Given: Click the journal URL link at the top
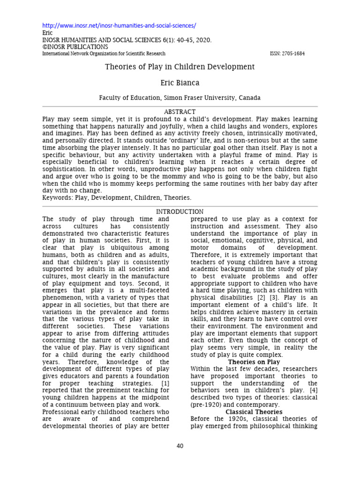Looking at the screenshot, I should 119,25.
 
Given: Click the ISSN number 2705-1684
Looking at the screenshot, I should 287,54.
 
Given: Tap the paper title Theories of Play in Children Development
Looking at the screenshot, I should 180,67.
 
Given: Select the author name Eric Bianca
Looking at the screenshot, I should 180,83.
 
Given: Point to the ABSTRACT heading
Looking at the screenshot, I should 180,112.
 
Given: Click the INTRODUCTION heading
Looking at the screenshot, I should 180,212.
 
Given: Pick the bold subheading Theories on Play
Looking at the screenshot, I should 254,362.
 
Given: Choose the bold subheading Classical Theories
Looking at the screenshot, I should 254,412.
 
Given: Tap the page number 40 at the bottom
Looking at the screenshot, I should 180,446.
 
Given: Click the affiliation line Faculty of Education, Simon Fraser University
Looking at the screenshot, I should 180,98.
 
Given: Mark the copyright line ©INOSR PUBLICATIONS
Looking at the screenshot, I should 75,47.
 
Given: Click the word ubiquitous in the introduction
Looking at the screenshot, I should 133,247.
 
